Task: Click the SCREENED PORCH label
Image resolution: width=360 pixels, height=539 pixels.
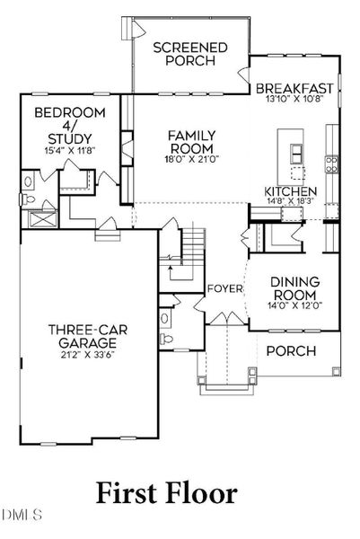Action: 190,54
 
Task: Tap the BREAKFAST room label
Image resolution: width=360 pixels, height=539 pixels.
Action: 294,88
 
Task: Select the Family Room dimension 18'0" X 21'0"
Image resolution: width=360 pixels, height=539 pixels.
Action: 192,159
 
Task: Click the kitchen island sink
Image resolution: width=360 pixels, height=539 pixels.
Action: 296,154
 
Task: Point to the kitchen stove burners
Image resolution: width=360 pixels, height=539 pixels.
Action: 331,164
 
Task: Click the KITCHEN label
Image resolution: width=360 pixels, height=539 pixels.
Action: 291,191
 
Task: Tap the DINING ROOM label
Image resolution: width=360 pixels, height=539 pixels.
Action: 295,288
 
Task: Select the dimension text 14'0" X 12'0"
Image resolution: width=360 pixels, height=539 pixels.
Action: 295,305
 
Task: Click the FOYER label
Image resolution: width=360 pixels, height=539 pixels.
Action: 225,288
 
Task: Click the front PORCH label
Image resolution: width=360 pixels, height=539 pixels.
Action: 291,351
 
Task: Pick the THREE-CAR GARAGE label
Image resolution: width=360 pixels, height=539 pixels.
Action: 88,336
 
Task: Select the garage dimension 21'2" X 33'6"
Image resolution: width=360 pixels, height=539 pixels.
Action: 88,355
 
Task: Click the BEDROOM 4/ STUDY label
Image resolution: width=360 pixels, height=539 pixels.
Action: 70,126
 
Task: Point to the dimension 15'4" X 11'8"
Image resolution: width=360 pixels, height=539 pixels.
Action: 70,150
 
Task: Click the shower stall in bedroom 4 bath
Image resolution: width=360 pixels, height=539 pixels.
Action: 43,219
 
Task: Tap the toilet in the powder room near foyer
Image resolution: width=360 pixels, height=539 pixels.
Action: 166,340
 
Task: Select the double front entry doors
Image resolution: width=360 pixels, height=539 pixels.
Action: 226,318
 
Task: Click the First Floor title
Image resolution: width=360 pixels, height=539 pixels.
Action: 167,493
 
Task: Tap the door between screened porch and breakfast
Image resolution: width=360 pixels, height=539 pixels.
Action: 244,75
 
